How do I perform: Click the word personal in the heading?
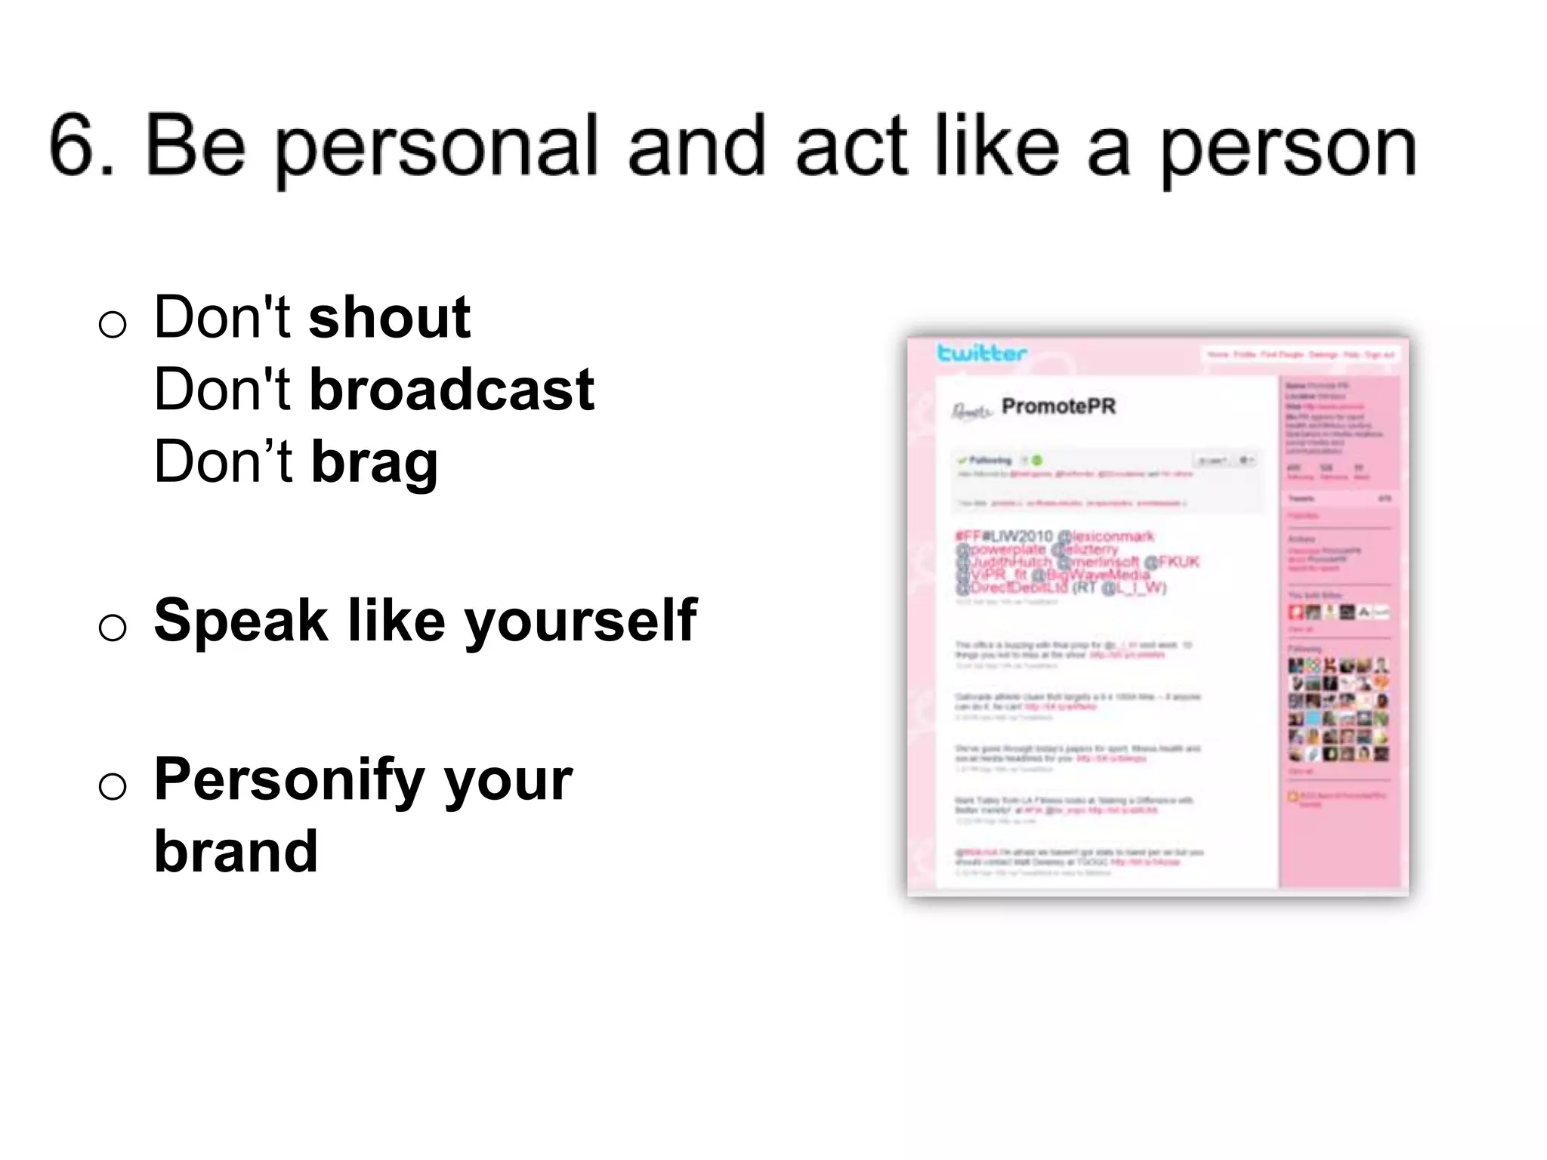pos(437,147)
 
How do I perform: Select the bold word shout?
pos(390,318)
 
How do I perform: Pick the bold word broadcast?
pos(452,390)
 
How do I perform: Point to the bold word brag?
pos(375,463)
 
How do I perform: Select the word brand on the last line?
pos(236,852)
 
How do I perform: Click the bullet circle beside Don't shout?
pos(113,325)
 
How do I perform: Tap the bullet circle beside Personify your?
pos(113,786)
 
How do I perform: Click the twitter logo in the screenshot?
pos(981,353)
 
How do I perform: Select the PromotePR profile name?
pos(1058,406)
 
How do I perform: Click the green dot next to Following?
pos(1037,460)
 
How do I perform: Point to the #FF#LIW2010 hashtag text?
pos(1004,536)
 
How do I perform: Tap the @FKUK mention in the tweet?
pos(1172,562)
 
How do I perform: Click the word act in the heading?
pos(851,147)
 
